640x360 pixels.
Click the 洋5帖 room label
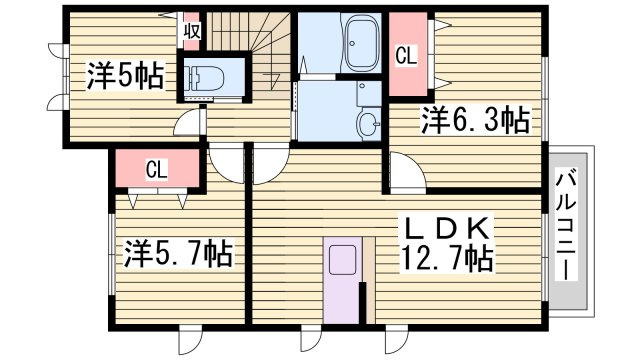point(125,76)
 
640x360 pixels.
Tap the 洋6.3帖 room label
point(476,120)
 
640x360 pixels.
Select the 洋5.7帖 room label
point(178,253)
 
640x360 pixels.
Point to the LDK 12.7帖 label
point(447,244)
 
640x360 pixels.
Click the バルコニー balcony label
point(567,224)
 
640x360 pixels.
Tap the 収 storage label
point(192,31)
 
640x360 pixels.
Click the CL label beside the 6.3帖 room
point(406,56)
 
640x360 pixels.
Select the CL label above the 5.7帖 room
point(157,169)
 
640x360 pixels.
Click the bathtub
point(363,43)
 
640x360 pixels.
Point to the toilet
point(204,78)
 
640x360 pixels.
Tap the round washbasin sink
point(368,124)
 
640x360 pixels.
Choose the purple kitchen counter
point(343,280)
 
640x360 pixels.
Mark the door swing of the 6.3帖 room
point(407,171)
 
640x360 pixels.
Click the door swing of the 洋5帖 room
point(189,122)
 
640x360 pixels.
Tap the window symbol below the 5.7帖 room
point(191,339)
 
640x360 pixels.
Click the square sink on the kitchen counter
point(342,260)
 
